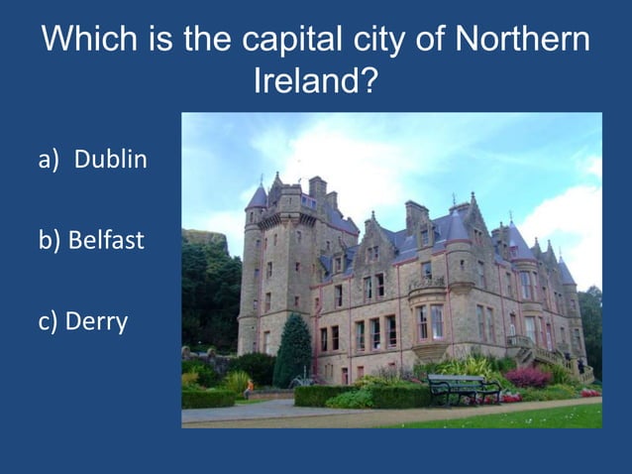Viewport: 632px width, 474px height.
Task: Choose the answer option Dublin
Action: [111, 159]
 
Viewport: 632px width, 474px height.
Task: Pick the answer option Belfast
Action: [106, 241]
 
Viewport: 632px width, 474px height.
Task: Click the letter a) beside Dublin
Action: [51, 159]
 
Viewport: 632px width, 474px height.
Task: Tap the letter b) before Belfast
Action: [51, 241]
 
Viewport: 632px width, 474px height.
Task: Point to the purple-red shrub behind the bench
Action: [528, 377]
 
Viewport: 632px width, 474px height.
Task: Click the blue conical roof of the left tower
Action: [258, 195]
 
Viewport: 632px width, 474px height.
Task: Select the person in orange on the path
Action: [249, 386]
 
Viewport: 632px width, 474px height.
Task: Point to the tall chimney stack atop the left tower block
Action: [317, 187]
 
